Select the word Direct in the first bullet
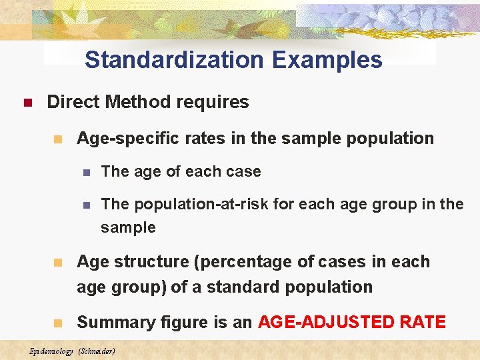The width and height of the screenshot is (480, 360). [x=73, y=102]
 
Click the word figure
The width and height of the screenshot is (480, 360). [x=170, y=323]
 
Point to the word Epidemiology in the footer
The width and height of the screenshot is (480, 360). [x=51, y=351]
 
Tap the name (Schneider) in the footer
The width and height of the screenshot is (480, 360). [x=97, y=351]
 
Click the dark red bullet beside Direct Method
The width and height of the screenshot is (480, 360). [x=27, y=103]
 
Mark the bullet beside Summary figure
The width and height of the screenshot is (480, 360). [x=58, y=323]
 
